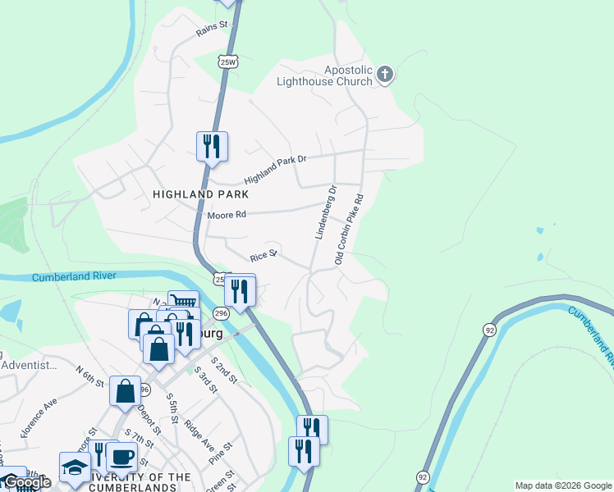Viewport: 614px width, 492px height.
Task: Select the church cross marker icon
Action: click(x=385, y=76)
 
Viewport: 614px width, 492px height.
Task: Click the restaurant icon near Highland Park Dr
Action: click(x=212, y=147)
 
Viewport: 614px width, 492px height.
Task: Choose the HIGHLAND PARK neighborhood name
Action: click(x=190, y=194)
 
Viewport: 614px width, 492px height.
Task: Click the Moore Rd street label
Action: click(x=226, y=215)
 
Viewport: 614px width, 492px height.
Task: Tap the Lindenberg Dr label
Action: click(x=327, y=213)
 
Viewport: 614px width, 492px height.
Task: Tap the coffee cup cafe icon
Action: click(x=121, y=457)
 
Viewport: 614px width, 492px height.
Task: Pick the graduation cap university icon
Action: click(x=75, y=467)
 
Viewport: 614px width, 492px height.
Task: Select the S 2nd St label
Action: click(x=223, y=370)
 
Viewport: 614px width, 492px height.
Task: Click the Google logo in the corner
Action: click(x=26, y=483)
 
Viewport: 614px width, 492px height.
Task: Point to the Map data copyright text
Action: click(x=562, y=485)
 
